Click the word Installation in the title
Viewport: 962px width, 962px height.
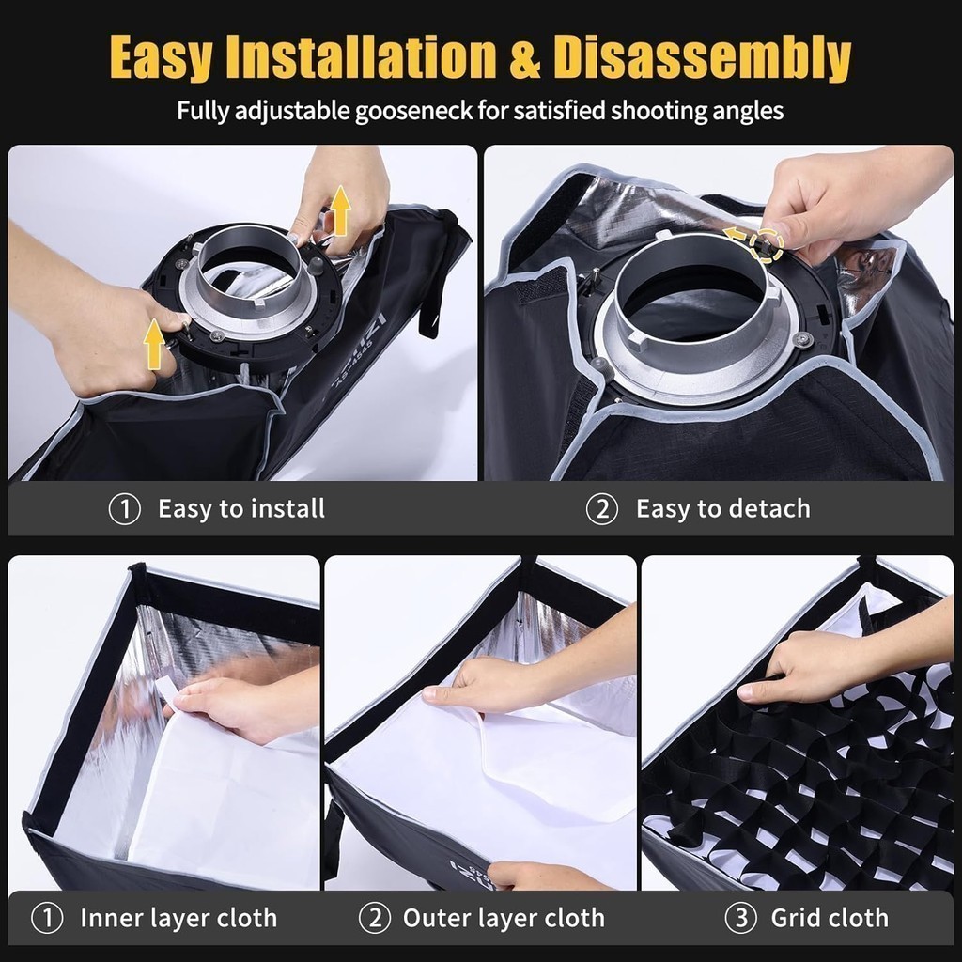click(x=361, y=57)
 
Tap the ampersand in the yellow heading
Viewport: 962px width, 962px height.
click(x=525, y=58)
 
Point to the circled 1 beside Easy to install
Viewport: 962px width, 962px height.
click(x=125, y=509)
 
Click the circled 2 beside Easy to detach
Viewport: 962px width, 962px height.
click(x=602, y=509)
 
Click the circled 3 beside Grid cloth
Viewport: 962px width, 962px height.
click(x=740, y=918)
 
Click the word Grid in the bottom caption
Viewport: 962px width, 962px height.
click(x=794, y=918)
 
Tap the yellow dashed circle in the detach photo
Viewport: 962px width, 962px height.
click(x=768, y=245)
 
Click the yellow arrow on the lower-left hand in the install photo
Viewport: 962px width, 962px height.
click(x=154, y=344)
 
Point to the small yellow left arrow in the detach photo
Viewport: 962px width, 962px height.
click(x=735, y=234)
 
